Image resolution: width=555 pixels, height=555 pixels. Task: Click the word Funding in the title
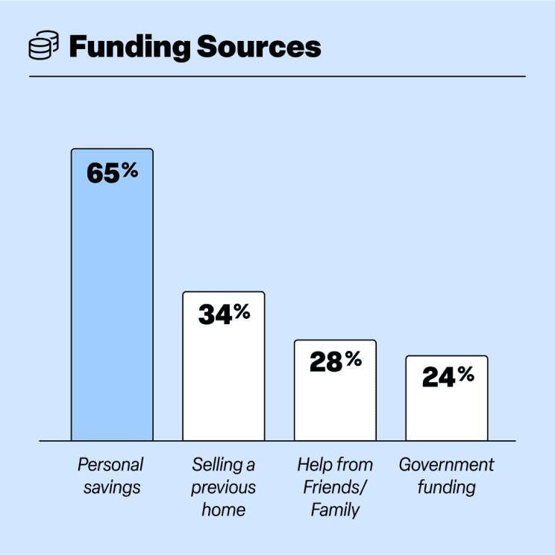click(128, 46)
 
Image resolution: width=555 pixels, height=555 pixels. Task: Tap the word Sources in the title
click(258, 46)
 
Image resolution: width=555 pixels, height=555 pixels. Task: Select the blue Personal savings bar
click(112, 313)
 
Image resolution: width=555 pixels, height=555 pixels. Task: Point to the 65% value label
click(112, 173)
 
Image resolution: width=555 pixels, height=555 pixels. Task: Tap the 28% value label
click(335, 363)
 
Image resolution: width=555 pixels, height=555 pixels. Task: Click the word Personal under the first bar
click(110, 466)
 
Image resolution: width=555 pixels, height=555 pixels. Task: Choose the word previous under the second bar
click(224, 489)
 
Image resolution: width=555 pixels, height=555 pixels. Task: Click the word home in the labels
click(224, 511)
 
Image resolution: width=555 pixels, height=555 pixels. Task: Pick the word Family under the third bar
click(335, 511)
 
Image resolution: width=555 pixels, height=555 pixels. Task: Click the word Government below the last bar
click(447, 466)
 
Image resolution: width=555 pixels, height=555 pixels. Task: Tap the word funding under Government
click(447, 489)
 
